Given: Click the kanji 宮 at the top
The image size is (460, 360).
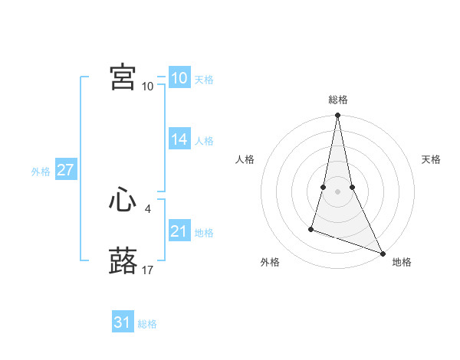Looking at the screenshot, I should pyautogui.click(x=123, y=77).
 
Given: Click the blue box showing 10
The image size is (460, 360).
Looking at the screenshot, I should pyautogui.click(x=179, y=78).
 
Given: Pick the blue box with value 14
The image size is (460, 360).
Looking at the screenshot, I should pyautogui.click(x=179, y=139).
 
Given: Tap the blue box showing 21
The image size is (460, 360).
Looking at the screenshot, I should pyautogui.click(x=179, y=231).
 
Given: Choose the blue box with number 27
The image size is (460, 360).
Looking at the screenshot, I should pyautogui.click(x=65, y=170).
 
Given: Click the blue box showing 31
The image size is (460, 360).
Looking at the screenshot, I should pyautogui.click(x=123, y=322).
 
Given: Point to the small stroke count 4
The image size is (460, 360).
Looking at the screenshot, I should pyautogui.click(x=147, y=208).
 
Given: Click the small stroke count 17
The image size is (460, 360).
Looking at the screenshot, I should pyautogui.click(x=148, y=270).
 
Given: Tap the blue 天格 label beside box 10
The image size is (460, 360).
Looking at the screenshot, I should pyautogui.click(x=204, y=80).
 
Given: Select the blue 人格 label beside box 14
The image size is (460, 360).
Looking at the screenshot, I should pyautogui.click(x=204, y=141).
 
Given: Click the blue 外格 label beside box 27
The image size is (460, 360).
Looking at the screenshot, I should pyautogui.click(x=41, y=172).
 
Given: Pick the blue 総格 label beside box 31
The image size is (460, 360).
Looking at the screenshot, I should pyautogui.click(x=147, y=324).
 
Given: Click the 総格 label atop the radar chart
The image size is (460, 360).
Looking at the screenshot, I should pyautogui.click(x=337, y=100).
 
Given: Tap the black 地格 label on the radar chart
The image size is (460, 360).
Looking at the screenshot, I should pyautogui.click(x=402, y=263).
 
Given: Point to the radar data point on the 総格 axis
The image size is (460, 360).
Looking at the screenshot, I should pyautogui.click(x=337, y=116).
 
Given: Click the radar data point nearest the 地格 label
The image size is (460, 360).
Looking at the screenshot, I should pyautogui.click(x=382, y=254).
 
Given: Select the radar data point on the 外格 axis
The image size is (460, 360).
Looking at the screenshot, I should pyautogui.click(x=311, y=228).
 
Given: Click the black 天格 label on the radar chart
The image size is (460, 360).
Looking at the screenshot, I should pyautogui.click(x=431, y=159).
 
